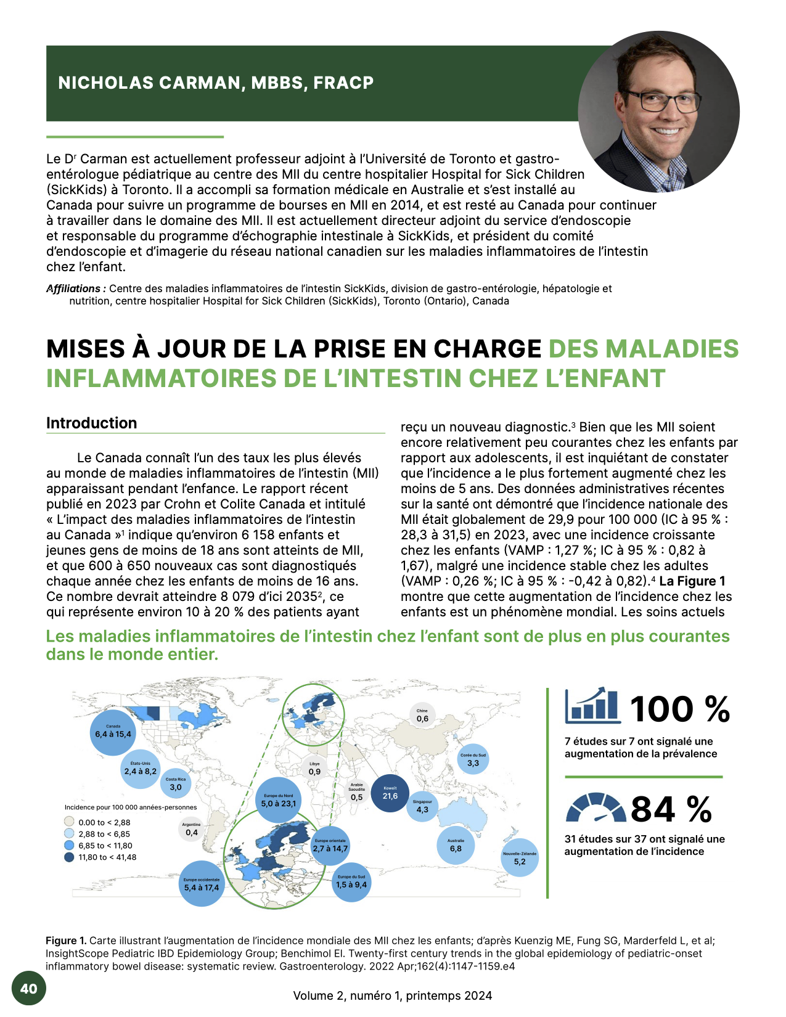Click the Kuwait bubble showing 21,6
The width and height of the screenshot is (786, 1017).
390,793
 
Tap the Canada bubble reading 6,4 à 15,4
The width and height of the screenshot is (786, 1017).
113,732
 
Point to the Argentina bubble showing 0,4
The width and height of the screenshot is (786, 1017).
192,830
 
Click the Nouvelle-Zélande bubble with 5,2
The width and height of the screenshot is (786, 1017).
520,858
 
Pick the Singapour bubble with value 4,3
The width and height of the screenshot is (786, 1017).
422,806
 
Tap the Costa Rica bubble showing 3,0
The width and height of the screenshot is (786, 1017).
176,784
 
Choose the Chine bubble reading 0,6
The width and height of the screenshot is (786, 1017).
422,716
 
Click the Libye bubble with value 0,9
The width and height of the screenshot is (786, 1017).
314,769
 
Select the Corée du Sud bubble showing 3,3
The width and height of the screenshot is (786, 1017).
473,760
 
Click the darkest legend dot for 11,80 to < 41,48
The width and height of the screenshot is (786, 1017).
70,857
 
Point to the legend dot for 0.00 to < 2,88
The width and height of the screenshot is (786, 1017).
70,822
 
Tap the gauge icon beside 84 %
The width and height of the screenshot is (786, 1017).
595,808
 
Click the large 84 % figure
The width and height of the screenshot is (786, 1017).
671,809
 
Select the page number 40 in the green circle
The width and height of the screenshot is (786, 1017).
29,989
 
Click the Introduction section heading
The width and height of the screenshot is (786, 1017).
92,423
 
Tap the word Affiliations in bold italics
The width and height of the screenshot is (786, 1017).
75,288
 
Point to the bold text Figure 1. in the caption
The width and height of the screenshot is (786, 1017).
66,941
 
